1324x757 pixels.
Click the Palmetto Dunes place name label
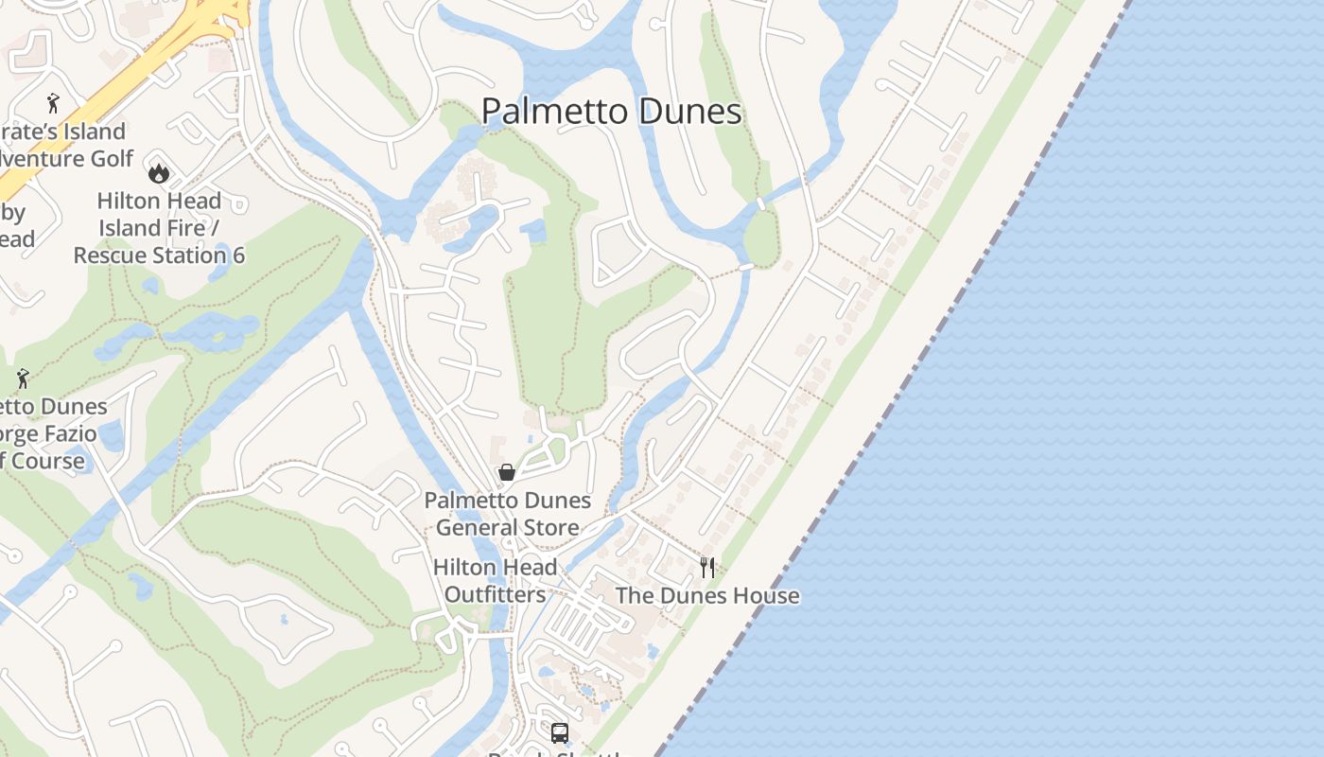[x=611, y=112]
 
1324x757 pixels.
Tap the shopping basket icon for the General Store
[x=507, y=471]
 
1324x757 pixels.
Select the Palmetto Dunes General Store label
[x=507, y=514]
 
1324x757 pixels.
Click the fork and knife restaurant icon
[x=707, y=567]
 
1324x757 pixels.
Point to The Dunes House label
[x=707, y=596]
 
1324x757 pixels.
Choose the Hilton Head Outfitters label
[x=495, y=581]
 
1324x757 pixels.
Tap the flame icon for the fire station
[x=158, y=172]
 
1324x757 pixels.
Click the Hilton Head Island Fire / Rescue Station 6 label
[x=159, y=228]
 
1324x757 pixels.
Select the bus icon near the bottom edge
[x=560, y=732]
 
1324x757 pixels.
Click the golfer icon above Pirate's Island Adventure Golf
[x=53, y=102]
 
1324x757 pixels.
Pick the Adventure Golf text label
[x=66, y=159]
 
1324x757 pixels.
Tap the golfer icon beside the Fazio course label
[x=23, y=378]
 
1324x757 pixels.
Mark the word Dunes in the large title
[x=689, y=112]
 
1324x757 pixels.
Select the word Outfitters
[x=495, y=594]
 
